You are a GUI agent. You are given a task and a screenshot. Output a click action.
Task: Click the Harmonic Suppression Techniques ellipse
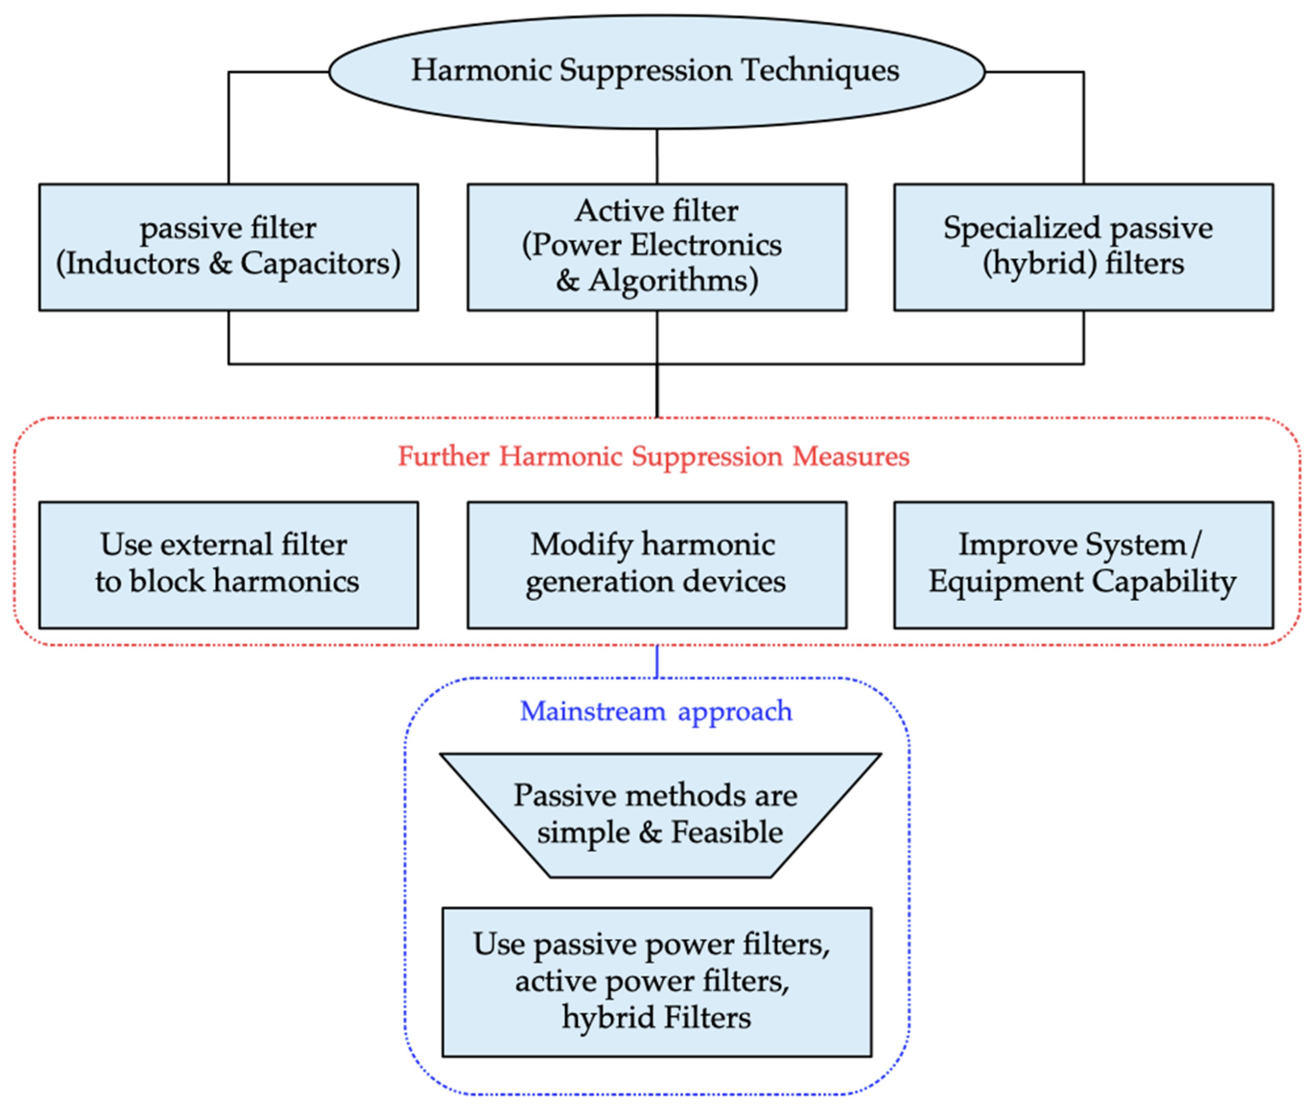(656, 100)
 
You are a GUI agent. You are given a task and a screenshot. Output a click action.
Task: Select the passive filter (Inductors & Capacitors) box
(228, 247)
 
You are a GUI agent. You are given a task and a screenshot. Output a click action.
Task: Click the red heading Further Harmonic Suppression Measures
(653, 456)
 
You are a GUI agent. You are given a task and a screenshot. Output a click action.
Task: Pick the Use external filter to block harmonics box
(228, 565)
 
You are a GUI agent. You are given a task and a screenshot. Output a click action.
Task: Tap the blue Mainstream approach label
(656, 711)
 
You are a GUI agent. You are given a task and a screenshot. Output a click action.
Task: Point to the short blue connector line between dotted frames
(657, 661)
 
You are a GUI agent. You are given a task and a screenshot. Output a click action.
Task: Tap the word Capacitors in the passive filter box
(320, 263)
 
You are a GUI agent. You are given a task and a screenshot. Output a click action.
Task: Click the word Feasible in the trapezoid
(726, 833)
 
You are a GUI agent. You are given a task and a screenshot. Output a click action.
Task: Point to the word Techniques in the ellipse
(820, 70)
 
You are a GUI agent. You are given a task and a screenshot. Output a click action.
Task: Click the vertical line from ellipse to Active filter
(657, 156)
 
